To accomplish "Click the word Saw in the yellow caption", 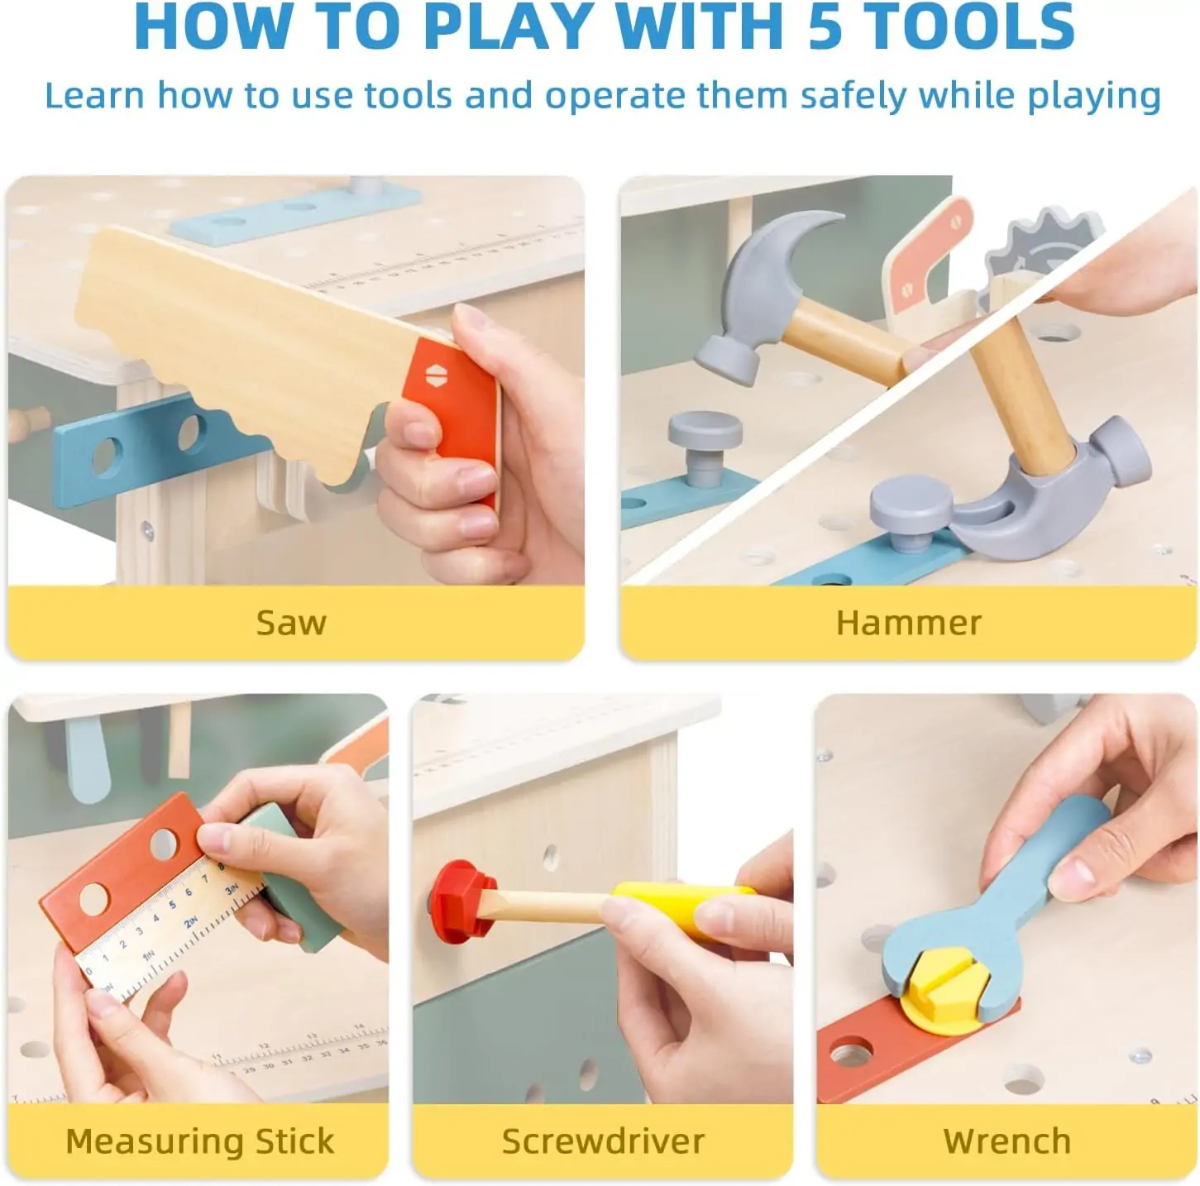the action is (291, 622).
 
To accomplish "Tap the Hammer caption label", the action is (909, 622).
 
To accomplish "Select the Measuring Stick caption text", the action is (200, 1141).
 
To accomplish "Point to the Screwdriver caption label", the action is (603, 1141).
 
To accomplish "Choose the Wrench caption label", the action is (1007, 1141).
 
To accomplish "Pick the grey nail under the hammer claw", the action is (911, 513).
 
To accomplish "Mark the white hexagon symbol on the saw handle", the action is (435, 375).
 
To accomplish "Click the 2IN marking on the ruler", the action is (191, 921).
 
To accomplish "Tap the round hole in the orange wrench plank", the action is (851, 1054).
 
